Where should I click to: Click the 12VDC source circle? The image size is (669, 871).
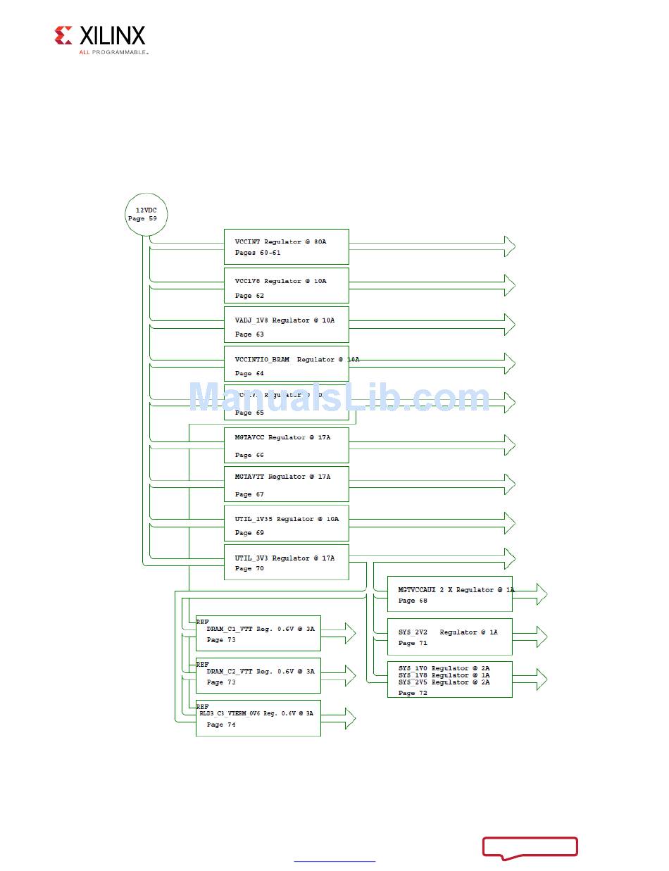point(146,214)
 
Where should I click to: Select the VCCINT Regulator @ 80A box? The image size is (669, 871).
point(286,246)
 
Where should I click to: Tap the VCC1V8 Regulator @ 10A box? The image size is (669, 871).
point(286,285)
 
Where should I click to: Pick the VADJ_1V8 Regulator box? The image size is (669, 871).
point(286,324)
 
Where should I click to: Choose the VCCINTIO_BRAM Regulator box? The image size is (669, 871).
point(286,363)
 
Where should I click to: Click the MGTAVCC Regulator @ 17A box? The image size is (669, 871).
point(286,445)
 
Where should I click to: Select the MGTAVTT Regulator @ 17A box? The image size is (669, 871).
point(286,484)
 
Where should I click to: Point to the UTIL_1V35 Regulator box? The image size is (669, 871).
point(286,522)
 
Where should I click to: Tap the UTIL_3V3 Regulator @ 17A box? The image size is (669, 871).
point(286,562)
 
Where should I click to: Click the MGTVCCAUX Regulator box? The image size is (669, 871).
point(449,594)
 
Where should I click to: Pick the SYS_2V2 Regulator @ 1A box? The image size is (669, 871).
point(449,637)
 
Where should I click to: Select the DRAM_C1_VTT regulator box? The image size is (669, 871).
point(258,633)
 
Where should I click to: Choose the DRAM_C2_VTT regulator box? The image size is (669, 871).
point(258,675)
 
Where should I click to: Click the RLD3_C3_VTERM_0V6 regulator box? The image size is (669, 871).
point(258,718)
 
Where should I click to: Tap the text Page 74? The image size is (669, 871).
point(221,725)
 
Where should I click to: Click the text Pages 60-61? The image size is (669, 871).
point(258,253)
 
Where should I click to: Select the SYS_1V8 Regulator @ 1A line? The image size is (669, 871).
point(444,675)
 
